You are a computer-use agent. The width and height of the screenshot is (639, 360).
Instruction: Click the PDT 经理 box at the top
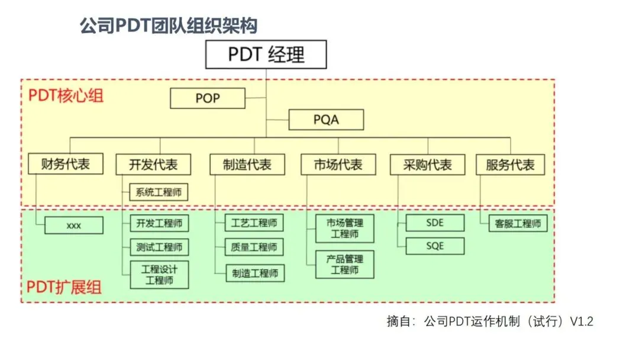click(266, 54)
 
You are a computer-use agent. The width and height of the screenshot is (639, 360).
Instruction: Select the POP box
click(207, 98)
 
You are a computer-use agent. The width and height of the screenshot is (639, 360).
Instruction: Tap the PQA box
click(326, 120)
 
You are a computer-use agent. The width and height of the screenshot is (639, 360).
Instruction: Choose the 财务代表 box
click(66, 164)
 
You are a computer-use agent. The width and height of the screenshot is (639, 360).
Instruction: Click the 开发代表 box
click(153, 165)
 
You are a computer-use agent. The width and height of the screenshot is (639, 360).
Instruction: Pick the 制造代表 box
click(247, 165)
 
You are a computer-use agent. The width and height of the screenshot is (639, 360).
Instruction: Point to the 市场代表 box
click(338, 165)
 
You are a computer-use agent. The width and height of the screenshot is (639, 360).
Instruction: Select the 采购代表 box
click(427, 165)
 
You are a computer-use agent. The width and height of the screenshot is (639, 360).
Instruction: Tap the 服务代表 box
click(510, 165)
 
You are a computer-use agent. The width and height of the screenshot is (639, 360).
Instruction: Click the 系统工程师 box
click(159, 192)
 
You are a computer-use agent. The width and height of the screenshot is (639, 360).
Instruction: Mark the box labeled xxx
click(73, 226)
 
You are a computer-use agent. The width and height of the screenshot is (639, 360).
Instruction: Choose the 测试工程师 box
click(159, 247)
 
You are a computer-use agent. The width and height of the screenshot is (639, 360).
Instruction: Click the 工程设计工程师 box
click(159, 275)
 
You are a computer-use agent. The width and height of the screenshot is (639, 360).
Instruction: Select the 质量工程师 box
click(254, 247)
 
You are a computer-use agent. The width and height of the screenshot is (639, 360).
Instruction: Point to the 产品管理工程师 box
click(344, 264)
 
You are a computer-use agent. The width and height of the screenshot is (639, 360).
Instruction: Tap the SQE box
click(435, 246)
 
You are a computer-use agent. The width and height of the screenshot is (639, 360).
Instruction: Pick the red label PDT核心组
click(66, 95)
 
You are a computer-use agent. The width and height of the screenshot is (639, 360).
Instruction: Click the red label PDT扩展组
click(64, 288)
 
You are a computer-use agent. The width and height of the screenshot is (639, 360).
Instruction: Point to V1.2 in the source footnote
click(581, 322)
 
